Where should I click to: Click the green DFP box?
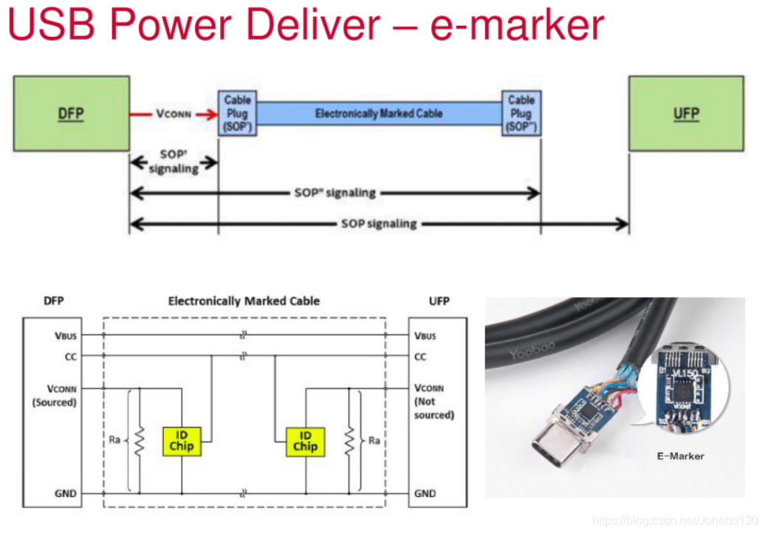click(71, 114)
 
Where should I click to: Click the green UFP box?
click(686, 114)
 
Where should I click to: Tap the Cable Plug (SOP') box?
click(237, 114)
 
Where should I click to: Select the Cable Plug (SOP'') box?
click(521, 114)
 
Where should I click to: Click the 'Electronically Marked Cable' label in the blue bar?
click(379, 114)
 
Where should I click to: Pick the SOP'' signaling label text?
click(335, 193)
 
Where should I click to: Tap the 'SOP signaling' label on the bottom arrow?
click(379, 223)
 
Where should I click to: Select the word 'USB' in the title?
click(52, 25)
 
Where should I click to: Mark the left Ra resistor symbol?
click(139, 441)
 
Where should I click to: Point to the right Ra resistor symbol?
click(349, 441)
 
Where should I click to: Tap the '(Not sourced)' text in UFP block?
click(434, 408)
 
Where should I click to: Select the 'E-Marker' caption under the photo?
click(680, 456)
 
